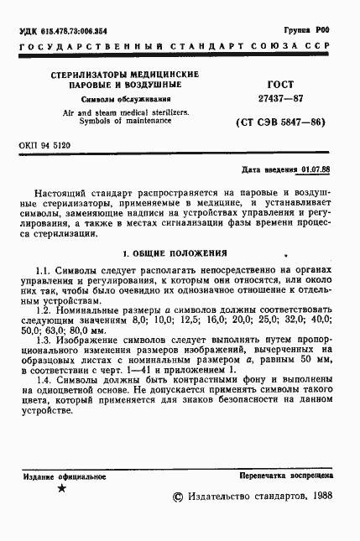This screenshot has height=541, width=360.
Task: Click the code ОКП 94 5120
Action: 44,145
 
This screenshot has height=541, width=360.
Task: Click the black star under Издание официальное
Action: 60,489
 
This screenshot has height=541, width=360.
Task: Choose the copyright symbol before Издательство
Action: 176,497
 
